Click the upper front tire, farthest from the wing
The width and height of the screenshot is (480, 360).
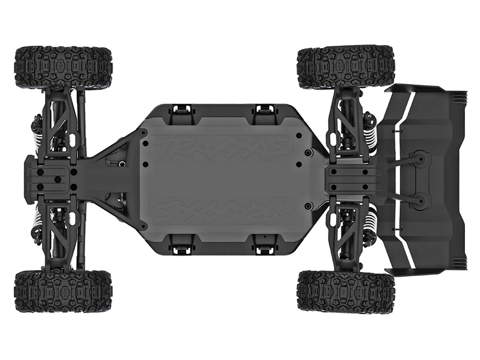[63, 67]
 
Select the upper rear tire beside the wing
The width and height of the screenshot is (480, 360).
[346, 67]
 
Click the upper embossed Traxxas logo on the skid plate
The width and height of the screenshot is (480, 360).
[221, 147]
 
